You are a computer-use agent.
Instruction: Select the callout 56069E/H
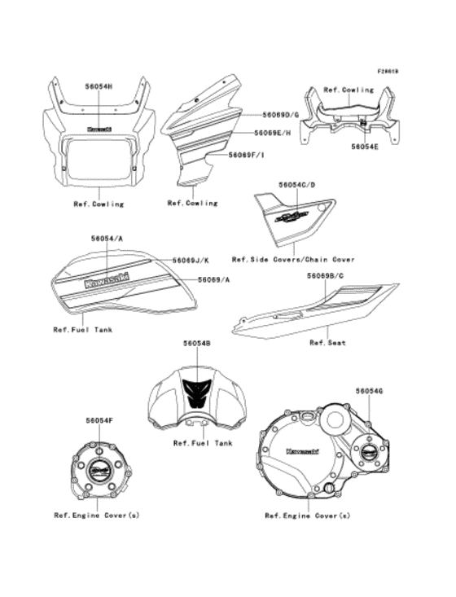coord(277,132)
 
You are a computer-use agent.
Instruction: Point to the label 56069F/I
coord(249,153)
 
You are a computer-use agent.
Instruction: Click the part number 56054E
coord(364,147)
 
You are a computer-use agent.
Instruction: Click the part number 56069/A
coord(214,279)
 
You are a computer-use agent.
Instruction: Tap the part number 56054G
coord(369,391)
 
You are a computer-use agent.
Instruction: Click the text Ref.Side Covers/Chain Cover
coord(293,259)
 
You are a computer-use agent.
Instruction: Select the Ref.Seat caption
coord(327,343)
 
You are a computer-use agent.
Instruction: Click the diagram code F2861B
coord(387,71)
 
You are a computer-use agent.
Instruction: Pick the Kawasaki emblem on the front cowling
coord(99,129)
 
